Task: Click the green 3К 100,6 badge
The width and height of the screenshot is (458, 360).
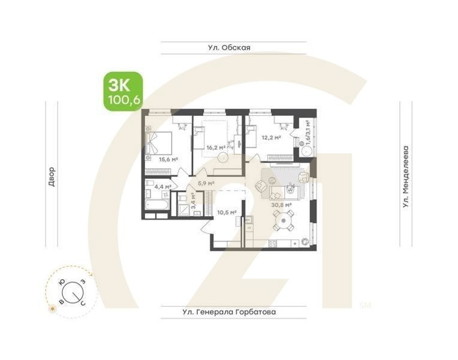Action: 123,91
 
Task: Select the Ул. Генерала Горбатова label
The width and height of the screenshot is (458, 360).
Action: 233,312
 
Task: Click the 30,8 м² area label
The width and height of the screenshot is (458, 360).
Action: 281,205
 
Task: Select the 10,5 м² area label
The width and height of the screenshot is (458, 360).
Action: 227,212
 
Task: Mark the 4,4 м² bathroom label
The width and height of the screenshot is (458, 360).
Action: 163,187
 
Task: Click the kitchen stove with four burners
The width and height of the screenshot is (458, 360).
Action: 273,244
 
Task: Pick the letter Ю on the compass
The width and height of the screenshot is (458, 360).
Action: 61,281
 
